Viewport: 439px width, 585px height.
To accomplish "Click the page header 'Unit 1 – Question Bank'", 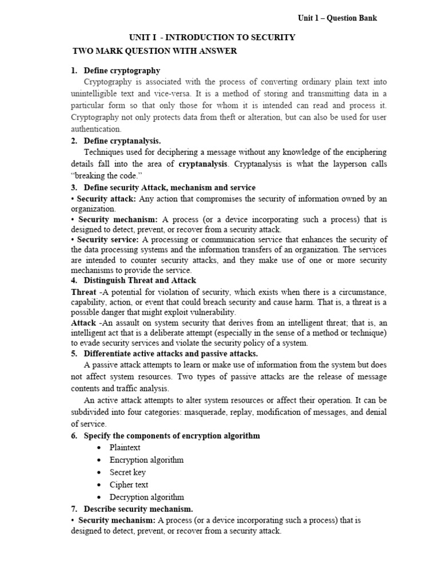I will click(337, 18).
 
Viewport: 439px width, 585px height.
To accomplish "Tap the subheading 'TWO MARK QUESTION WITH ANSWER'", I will click(154, 51).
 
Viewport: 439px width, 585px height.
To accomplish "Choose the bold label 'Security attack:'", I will click(106, 199).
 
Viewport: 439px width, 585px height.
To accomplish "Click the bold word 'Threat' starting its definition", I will click(83, 292).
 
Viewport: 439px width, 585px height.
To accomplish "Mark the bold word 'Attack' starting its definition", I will click(83, 323).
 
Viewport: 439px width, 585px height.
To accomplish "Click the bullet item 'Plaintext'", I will click(125, 447).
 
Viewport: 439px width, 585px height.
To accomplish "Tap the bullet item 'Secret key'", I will click(127, 472).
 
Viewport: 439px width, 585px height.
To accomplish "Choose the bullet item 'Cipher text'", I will click(129, 485).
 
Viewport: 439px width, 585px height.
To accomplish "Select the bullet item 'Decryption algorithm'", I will click(147, 497).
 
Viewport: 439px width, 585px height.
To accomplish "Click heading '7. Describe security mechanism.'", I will click(138, 508).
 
